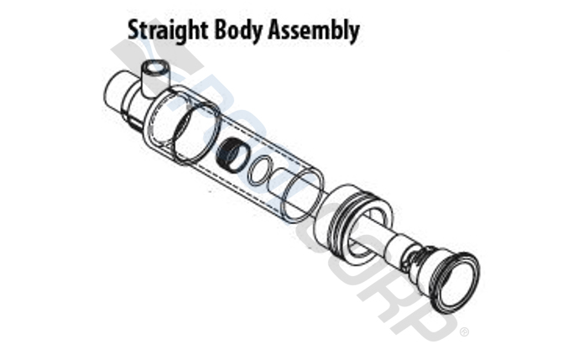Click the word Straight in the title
168,31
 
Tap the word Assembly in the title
314,30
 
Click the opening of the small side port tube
157,68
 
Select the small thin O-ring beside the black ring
261,170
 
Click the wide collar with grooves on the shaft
352,224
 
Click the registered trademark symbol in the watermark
465,332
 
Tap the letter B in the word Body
221,30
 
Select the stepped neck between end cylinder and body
135,107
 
